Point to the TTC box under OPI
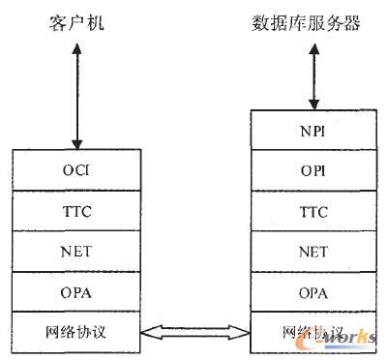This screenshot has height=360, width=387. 311,209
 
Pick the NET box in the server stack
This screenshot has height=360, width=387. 311,251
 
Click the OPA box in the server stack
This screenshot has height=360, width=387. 311,292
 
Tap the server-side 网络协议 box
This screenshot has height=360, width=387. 311,333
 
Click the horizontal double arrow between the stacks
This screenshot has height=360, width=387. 193,333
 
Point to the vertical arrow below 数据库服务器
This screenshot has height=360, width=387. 309,73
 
